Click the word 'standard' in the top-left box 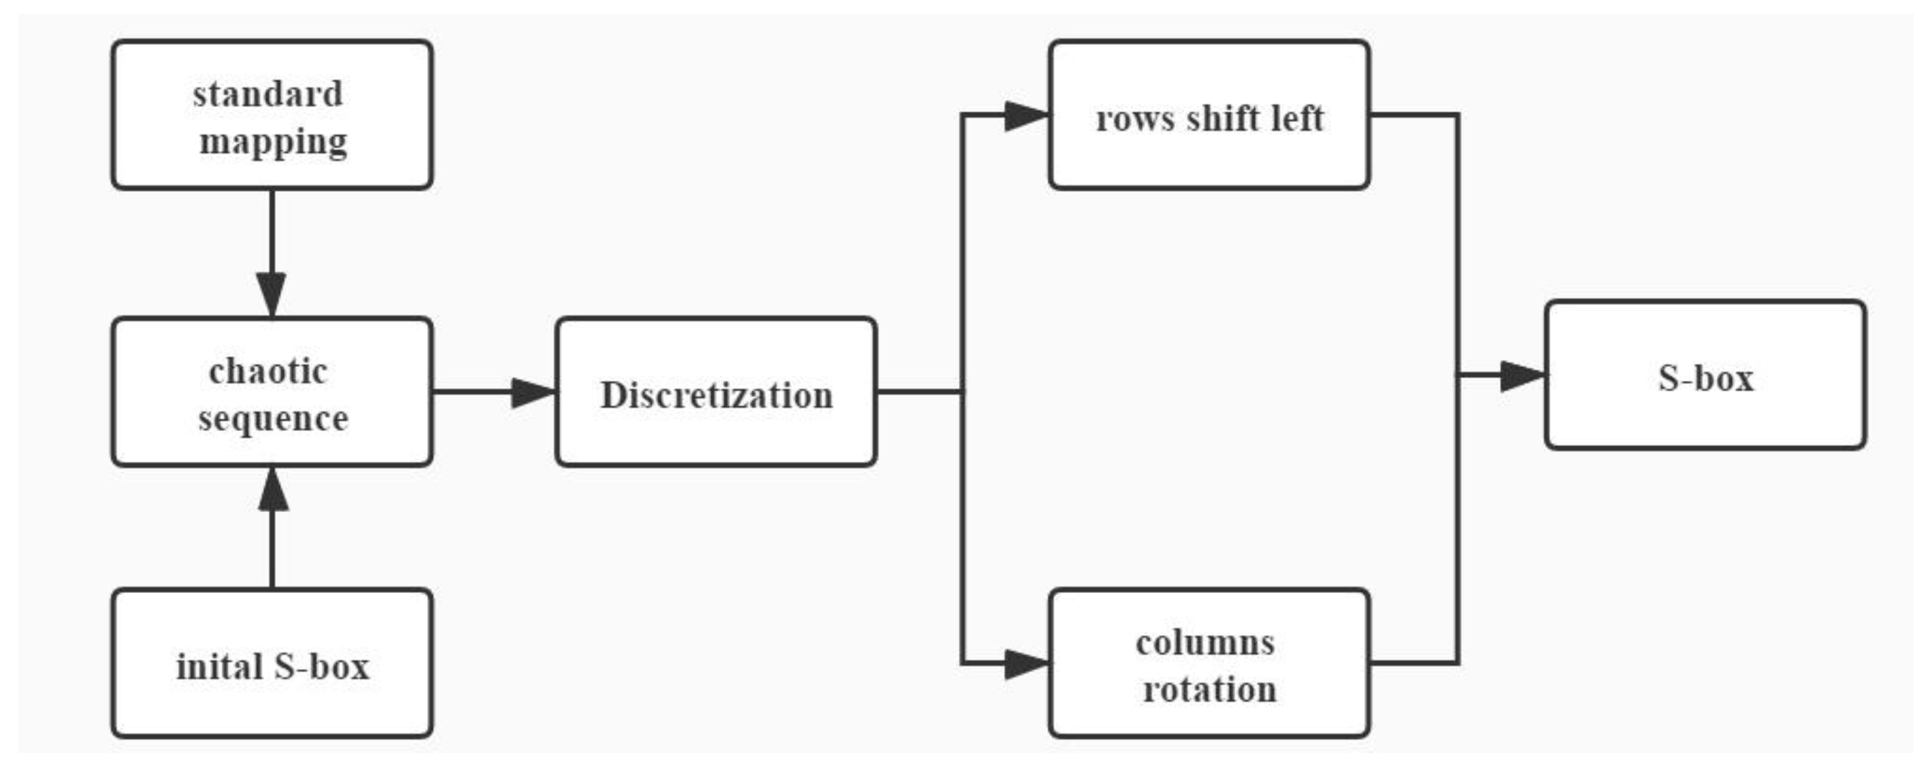point(268,95)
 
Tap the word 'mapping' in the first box point(273,142)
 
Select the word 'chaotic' point(268,372)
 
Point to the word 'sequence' point(273,418)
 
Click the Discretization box point(716,393)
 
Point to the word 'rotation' point(1210,689)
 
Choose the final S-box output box point(1704,376)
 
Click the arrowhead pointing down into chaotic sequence point(272,294)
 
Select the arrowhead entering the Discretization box point(533,393)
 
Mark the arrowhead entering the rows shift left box point(1025,116)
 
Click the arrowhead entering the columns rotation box point(1025,664)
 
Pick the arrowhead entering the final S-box point(1522,376)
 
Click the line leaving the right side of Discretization point(918,391)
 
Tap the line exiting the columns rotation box point(1413,662)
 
